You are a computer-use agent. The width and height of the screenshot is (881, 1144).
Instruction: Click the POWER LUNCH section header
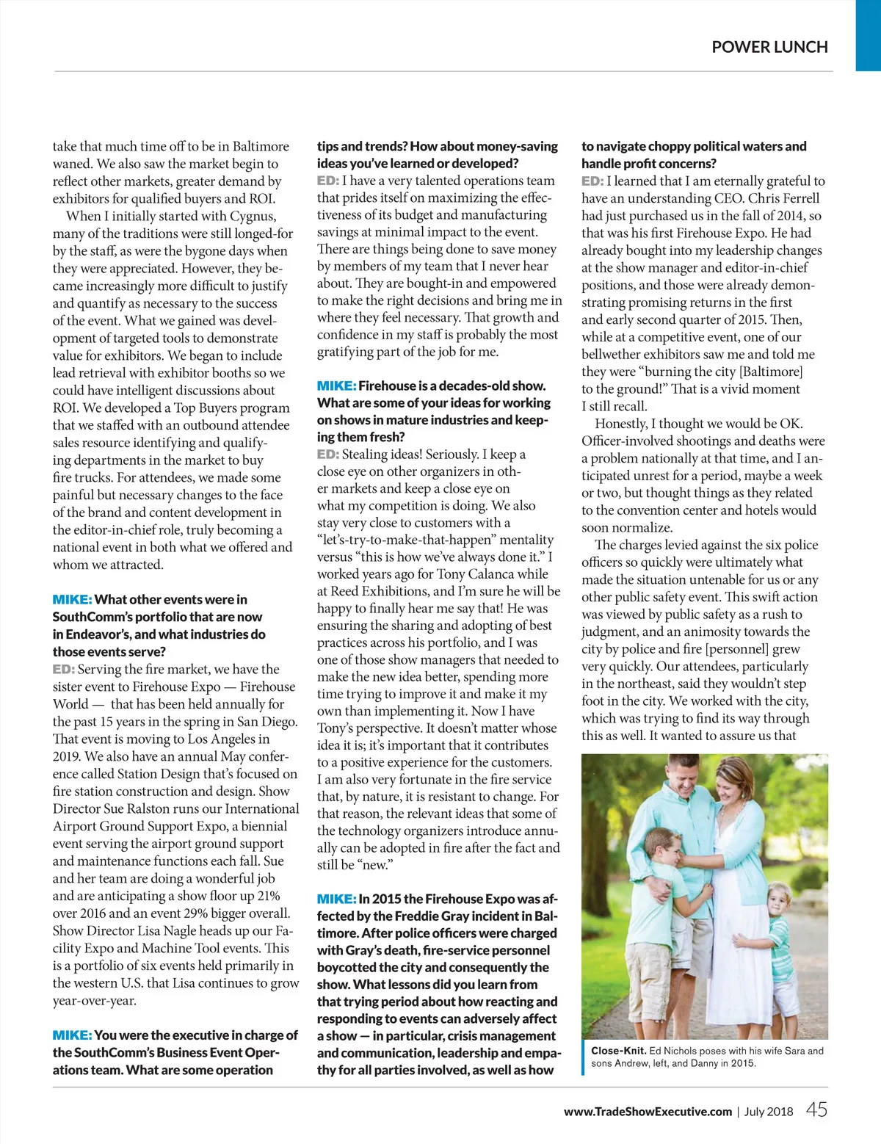(769, 47)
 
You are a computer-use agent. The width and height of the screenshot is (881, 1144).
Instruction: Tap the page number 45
(816, 1109)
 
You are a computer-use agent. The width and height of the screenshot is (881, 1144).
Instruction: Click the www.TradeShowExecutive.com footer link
(648, 1112)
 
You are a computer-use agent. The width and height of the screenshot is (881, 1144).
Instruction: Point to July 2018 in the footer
(769, 1112)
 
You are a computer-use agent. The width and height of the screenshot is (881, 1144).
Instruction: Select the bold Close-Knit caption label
(619, 1051)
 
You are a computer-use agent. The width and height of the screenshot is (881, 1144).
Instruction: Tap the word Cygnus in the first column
(251, 216)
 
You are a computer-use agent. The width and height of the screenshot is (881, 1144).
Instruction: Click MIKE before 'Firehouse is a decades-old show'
(336, 385)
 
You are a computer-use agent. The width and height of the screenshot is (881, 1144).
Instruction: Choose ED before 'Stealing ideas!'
(327, 455)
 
